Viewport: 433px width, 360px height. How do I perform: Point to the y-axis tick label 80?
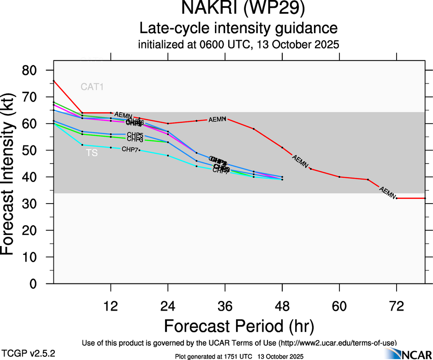pos(35,71)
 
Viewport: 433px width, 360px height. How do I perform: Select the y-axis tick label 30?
pos(35,204)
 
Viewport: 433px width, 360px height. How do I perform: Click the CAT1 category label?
pos(92,86)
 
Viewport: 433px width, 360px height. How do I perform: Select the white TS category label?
pos(92,153)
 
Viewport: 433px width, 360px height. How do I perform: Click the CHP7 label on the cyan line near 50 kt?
pos(130,149)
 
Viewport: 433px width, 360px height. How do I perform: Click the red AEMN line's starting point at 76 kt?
pos(54,81)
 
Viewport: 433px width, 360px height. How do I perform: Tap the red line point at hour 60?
pos(339,177)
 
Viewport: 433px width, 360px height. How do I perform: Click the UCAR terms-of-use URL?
pos(337,343)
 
